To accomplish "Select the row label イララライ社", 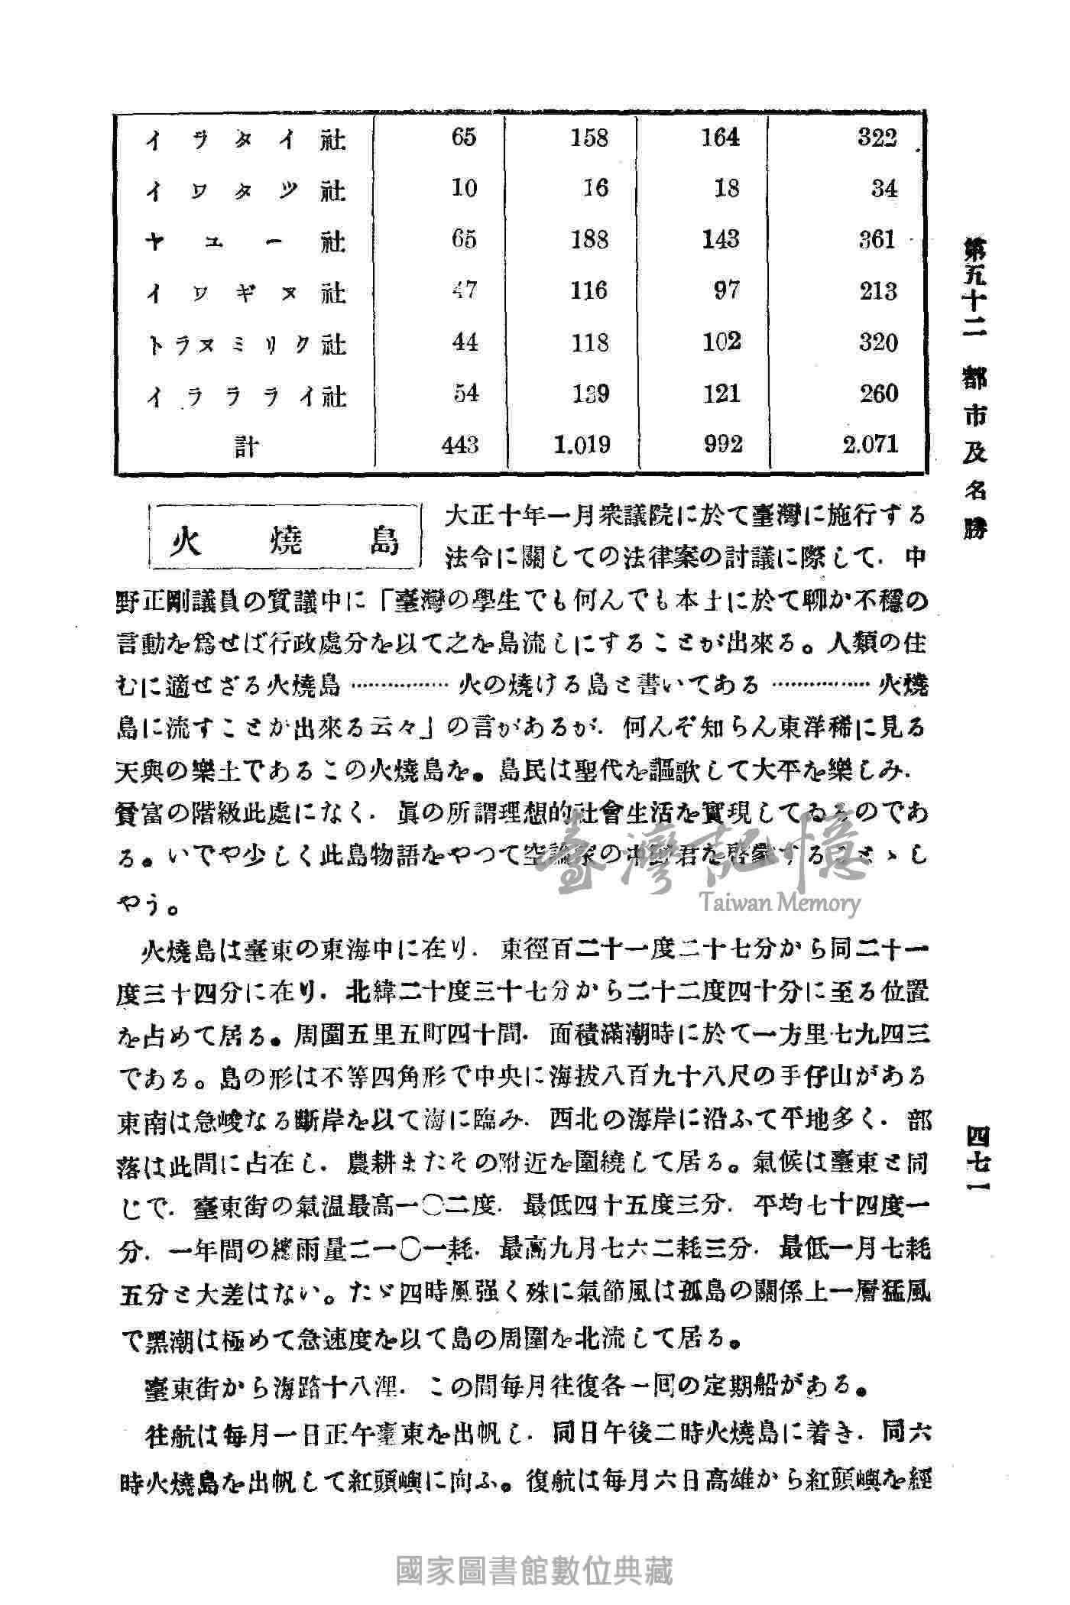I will pos(246,396).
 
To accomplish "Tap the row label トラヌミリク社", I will pos(246,345).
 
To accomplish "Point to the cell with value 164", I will pos(721,138).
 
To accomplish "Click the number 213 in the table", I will pos(877,291).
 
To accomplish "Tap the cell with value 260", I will pos(877,394).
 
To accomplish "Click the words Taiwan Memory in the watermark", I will pos(778,903).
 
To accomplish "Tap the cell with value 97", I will pos(726,291).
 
